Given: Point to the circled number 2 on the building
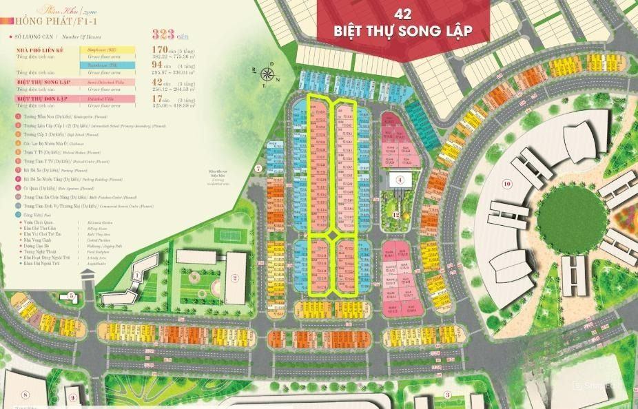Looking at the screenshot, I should click(235, 279).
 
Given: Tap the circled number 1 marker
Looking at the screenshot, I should click(137, 276).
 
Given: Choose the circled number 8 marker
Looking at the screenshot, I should click(25, 395).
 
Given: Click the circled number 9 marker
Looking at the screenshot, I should click(72, 398).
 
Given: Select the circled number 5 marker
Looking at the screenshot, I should click(72, 296).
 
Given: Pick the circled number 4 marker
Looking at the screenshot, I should click(400, 180).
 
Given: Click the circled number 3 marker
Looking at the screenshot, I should click(447, 395).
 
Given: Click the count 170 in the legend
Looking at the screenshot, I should click(162, 50).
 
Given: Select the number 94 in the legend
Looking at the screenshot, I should click(158, 65).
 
